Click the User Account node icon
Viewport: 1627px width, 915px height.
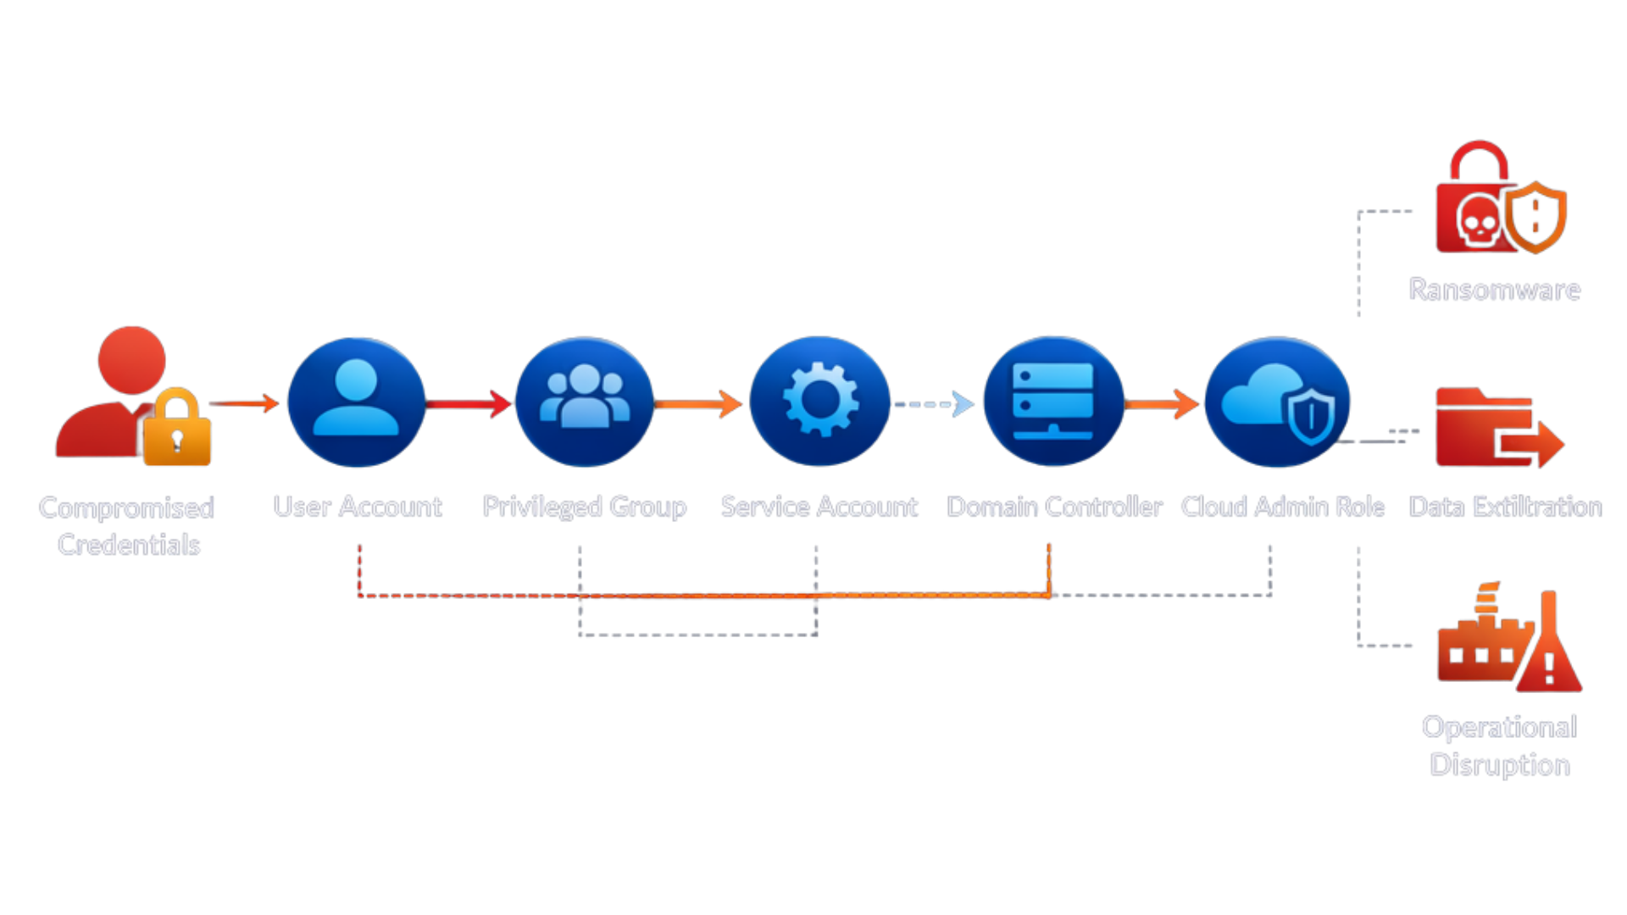click(x=356, y=402)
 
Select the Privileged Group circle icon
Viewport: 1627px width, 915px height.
click(x=584, y=402)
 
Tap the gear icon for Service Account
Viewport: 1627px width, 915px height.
click(x=819, y=401)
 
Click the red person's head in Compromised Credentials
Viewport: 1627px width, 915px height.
click(x=131, y=360)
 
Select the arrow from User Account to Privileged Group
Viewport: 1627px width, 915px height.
click(x=469, y=403)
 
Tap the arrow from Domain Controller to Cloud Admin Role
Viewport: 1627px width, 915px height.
click(x=1162, y=404)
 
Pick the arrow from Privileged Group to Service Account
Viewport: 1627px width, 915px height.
click(x=699, y=404)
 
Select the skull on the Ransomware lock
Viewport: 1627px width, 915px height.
click(x=1479, y=222)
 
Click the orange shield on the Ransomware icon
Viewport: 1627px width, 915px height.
click(x=1535, y=216)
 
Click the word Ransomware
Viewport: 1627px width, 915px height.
click(x=1495, y=290)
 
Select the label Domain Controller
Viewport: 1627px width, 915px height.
click(x=1054, y=507)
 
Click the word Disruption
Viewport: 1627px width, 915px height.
click(x=1500, y=765)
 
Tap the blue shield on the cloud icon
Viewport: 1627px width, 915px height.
click(x=1312, y=417)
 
